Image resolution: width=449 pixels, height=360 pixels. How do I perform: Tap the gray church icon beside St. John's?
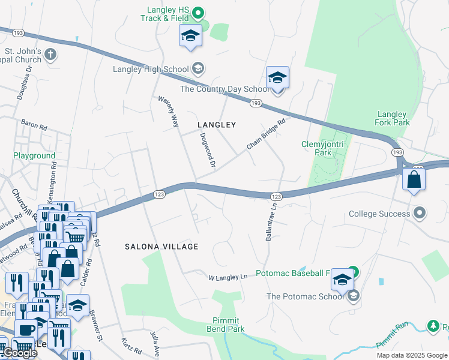pyautogui.click(x=50, y=55)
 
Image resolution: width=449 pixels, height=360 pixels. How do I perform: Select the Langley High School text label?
pyautogui.click(x=151, y=69)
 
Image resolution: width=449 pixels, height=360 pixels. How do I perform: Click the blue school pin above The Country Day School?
pyautogui.click(x=277, y=78)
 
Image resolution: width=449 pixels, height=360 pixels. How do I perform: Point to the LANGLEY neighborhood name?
pyautogui.click(x=217, y=125)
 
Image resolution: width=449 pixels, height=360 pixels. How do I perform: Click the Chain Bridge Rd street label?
pyautogui.click(x=265, y=134)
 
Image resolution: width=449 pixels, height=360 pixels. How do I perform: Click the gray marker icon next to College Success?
pyautogui.click(x=420, y=213)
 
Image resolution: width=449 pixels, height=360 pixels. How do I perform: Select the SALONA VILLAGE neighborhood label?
pyautogui.click(x=161, y=247)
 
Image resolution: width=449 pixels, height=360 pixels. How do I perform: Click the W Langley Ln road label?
pyautogui.click(x=228, y=277)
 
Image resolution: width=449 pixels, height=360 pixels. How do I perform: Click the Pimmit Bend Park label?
pyautogui.click(x=228, y=325)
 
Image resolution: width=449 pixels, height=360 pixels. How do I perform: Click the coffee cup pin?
pyautogui.click(x=25, y=329)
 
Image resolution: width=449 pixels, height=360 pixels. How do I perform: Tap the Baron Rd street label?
pyautogui.click(x=34, y=126)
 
